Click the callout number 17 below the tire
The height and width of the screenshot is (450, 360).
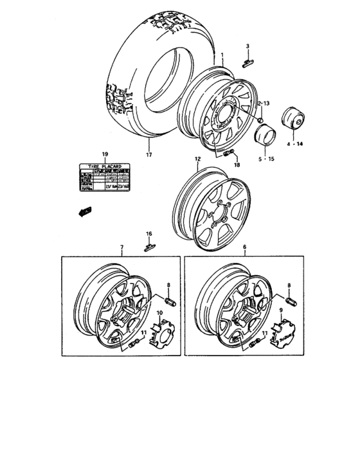click(x=148, y=154)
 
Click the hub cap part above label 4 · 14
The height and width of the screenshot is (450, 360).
click(x=295, y=120)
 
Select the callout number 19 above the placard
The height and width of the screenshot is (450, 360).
click(x=105, y=154)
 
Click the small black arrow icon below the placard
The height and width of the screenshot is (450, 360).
click(x=83, y=212)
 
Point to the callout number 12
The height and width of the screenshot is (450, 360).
click(x=197, y=158)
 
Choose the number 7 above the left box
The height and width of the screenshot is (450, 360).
click(x=120, y=248)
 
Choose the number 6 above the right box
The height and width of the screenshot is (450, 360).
click(x=244, y=248)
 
